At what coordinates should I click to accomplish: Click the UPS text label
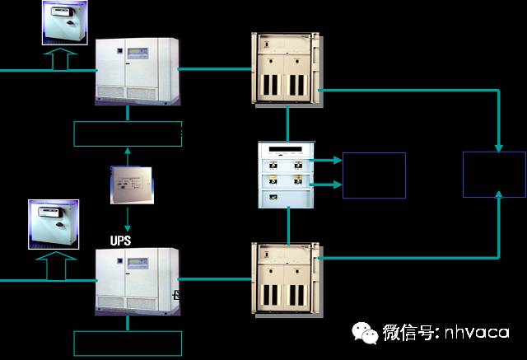pyautogui.click(x=120, y=241)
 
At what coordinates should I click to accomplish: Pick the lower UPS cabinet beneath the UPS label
pyautogui.click(x=136, y=282)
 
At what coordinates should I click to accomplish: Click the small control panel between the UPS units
pyautogui.click(x=132, y=185)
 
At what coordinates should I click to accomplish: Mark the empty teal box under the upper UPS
pyautogui.click(x=128, y=133)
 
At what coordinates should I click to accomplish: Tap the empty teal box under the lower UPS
pyautogui.click(x=128, y=343)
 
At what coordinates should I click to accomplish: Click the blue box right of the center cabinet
pyautogui.click(x=374, y=175)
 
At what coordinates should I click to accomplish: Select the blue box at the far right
pyautogui.click(x=494, y=174)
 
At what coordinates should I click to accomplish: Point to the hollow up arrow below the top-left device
pyautogui.click(x=58, y=58)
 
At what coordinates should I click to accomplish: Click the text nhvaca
pyautogui.click(x=478, y=334)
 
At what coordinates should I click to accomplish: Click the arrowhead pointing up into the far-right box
pyautogui.click(x=499, y=194)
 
